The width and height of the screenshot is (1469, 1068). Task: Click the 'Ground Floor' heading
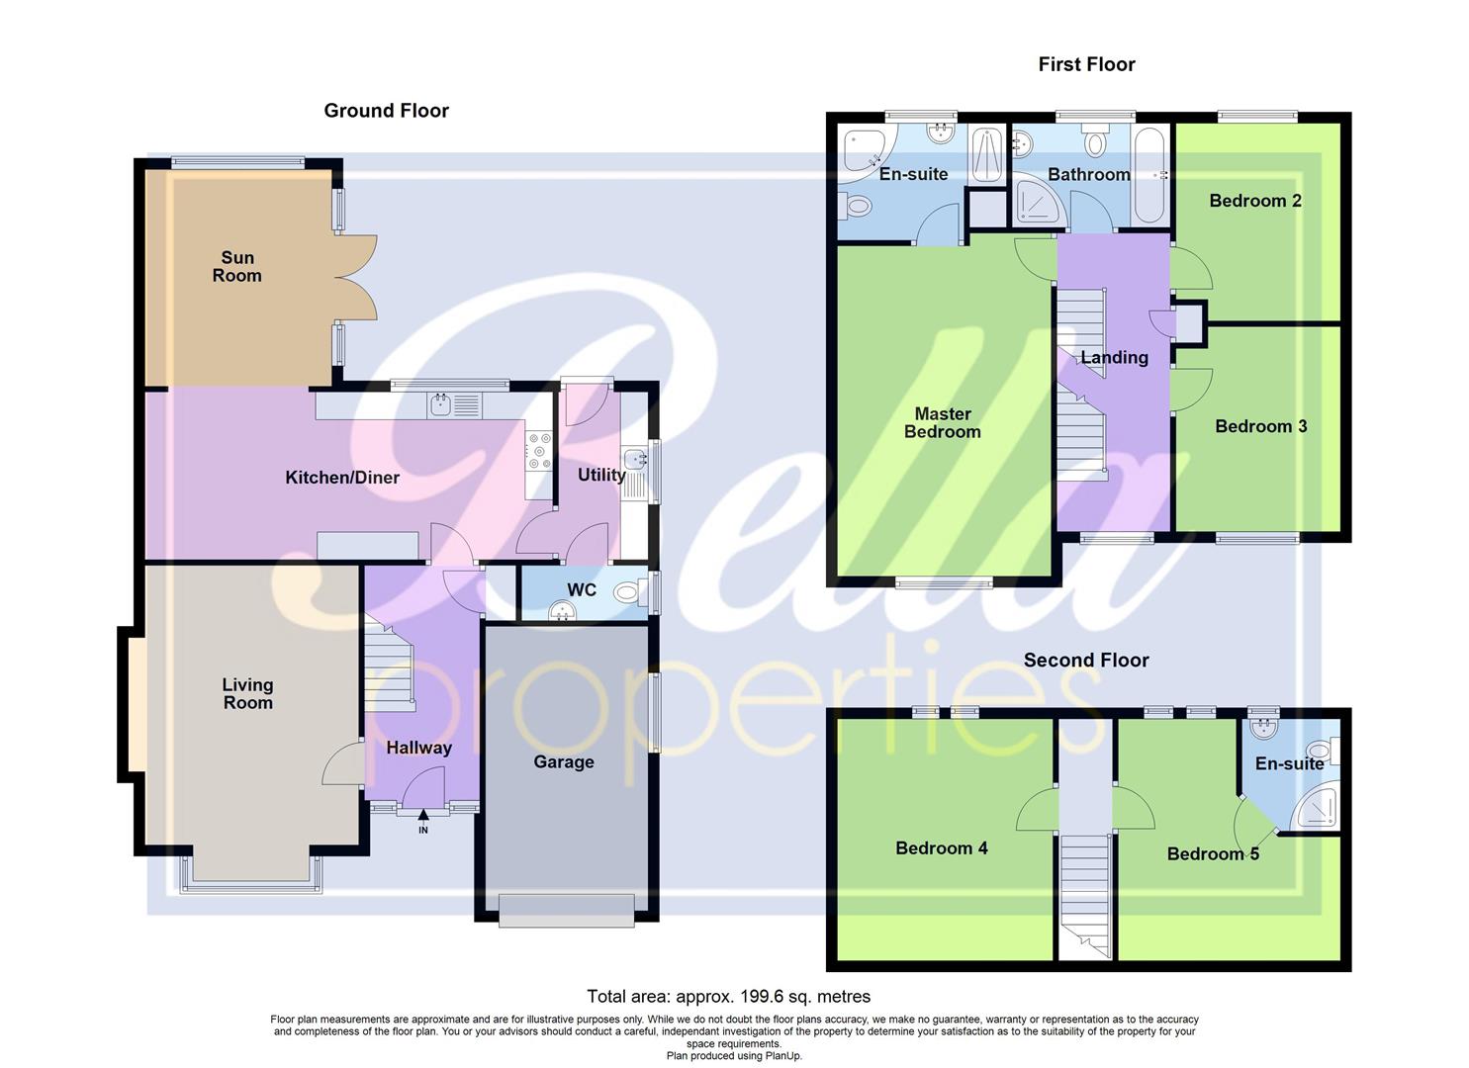point(386,111)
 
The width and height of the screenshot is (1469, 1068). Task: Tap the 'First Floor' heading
point(1086,64)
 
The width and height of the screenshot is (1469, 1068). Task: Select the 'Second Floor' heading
point(1086,660)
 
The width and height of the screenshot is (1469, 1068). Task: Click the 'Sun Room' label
point(236,267)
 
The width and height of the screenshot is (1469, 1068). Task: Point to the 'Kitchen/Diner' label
point(342,478)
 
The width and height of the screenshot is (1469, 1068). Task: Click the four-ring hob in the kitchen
point(539,450)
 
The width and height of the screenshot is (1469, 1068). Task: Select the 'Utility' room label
point(601,475)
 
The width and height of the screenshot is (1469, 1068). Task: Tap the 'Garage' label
point(564,761)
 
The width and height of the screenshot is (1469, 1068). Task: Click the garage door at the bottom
point(566,911)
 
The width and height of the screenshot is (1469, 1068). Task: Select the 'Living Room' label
point(247,693)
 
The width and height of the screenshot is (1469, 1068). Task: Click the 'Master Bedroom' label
point(942,422)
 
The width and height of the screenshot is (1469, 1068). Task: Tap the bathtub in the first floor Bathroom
point(1149,175)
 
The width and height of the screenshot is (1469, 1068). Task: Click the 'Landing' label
point(1114,358)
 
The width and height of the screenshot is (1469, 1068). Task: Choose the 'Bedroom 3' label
point(1260,426)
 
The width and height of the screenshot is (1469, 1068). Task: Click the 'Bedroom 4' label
point(941,847)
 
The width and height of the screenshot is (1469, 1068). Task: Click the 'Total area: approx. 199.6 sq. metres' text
point(728,996)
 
